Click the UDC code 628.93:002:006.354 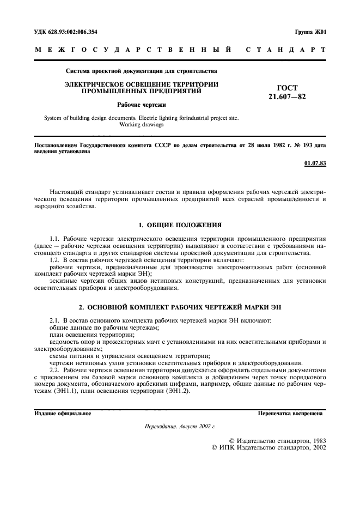tap(73, 32)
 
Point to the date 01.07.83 tap(315, 163)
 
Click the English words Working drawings tap(141, 124)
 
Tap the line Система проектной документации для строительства tap(141, 71)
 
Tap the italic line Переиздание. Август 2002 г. tap(180, 428)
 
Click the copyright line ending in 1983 tap(277, 440)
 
